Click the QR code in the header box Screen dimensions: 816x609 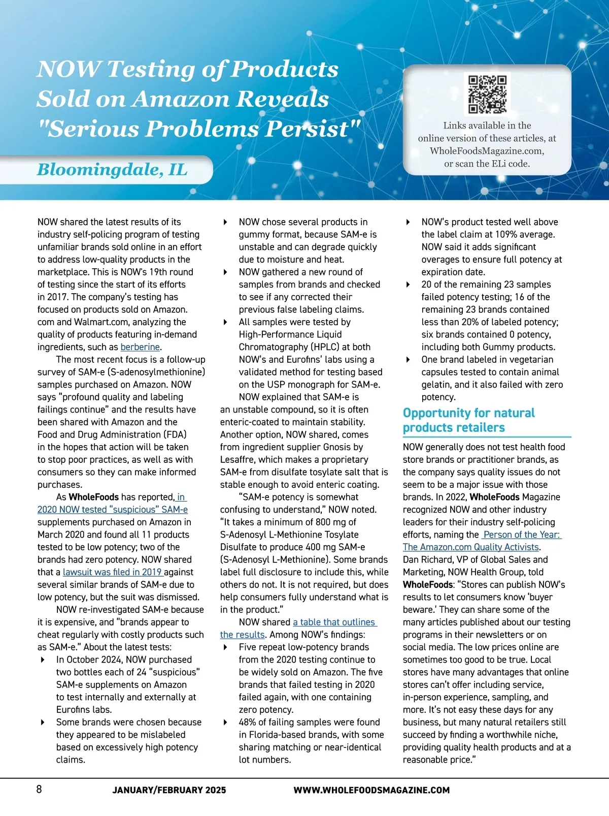pos(487,95)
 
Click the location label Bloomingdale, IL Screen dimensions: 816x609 pos(112,170)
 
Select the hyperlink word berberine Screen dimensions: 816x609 pos(140,347)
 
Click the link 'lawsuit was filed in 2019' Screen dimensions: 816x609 pos(112,572)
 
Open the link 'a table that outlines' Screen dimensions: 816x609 pos(334,622)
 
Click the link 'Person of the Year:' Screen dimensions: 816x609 pos(522,535)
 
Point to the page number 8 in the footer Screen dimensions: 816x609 pos(39,789)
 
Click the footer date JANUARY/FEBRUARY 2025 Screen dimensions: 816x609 pos(169,790)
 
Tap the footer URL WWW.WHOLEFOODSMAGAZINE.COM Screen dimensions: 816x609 pos(371,790)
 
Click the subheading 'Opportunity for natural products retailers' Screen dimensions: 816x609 pos(468,420)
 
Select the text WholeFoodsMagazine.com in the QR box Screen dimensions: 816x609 pos(487,151)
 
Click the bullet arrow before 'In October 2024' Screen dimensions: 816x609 pos(43,660)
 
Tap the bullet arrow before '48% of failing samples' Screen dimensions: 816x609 pos(225,723)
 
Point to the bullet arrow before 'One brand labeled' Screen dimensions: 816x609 pos(408,360)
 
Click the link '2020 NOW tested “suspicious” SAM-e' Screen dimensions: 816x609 pos(112,510)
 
